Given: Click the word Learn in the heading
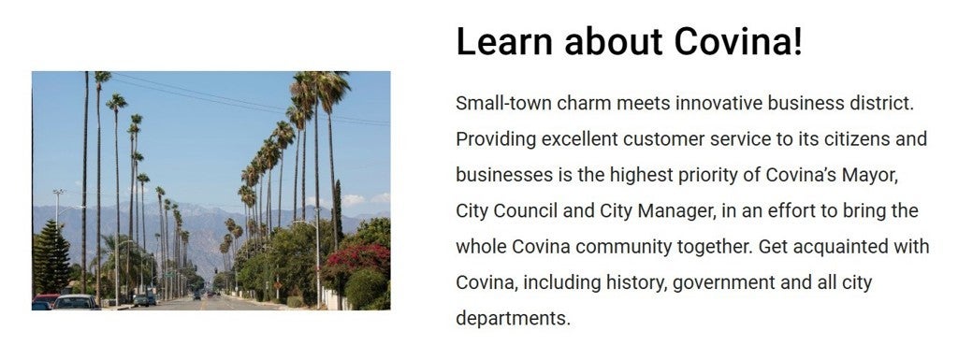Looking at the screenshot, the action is click(x=504, y=41).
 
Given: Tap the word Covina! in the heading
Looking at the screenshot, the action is click(x=739, y=41).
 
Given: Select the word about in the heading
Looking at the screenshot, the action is click(x=614, y=41).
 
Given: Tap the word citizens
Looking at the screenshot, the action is click(x=853, y=139).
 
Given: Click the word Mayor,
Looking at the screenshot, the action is click(x=870, y=176).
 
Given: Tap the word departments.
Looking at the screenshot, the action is click(x=513, y=319).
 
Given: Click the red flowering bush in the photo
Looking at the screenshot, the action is click(x=358, y=258).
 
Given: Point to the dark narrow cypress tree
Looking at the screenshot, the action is click(x=337, y=213).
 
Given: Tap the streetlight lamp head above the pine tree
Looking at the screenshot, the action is click(x=59, y=193).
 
